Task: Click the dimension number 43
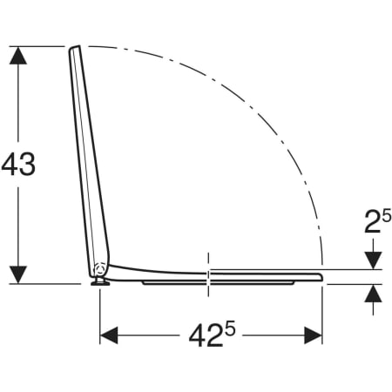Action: click(x=18, y=164)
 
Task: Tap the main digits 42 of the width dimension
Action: click(x=206, y=336)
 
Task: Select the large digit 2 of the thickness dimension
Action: click(x=372, y=222)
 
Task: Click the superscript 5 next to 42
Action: click(x=230, y=329)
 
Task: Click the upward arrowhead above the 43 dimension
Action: click(x=18, y=56)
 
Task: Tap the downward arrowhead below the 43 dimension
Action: click(x=18, y=274)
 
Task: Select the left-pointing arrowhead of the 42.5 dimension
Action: click(x=109, y=335)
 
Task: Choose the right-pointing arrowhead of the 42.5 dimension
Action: click(x=314, y=335)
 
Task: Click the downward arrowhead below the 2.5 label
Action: click(x=373, y=260)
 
